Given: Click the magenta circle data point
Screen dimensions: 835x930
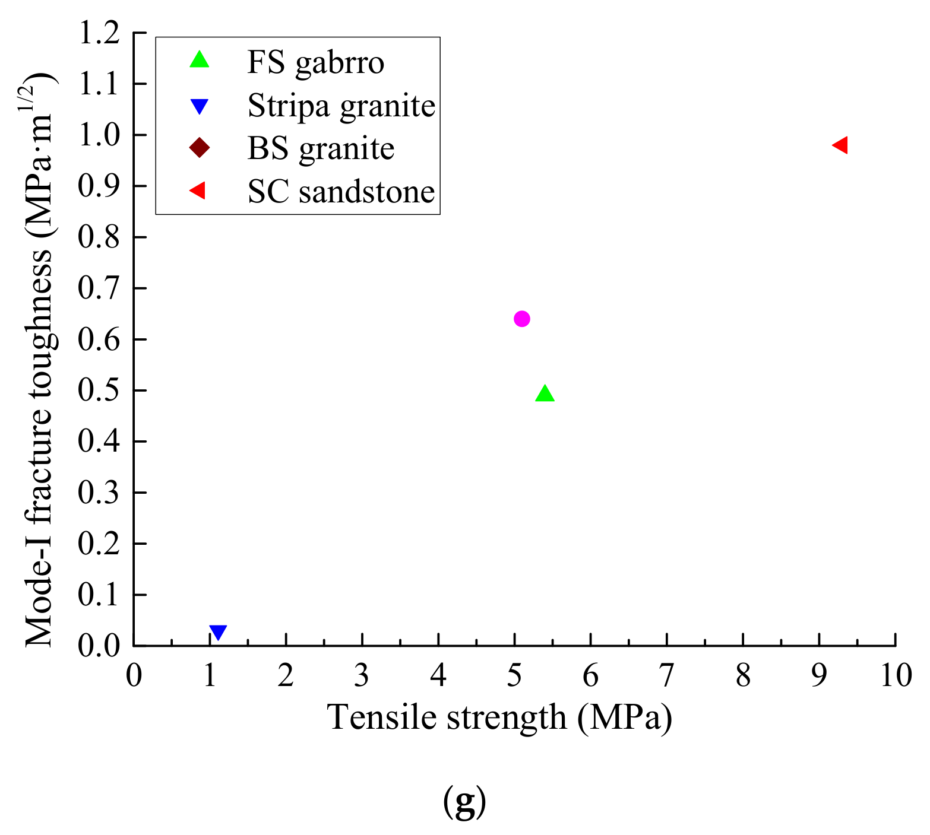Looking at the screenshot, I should click(x=521, y=319).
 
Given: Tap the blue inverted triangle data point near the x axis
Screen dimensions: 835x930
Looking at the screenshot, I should click(x=218, y=632).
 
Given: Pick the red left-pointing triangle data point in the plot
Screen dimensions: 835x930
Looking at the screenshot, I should click(x=841, y=145).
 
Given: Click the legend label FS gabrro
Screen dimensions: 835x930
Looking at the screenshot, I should click(x=315, y=62).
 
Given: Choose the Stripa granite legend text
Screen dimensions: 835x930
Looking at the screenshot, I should click(x=341, y=106).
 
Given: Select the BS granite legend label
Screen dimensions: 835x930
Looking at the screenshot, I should click(x=321, y=148).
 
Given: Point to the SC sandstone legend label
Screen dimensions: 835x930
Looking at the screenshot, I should click(x=341, y=192).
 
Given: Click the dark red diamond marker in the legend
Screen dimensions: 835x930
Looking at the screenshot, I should click(x=200, y=148).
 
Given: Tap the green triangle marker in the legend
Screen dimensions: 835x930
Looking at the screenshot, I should click(x=200, y=60).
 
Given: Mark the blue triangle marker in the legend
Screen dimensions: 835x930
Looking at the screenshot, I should click(x=200, y=106).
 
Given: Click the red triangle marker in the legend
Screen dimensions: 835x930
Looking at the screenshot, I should click(x=198, y=191).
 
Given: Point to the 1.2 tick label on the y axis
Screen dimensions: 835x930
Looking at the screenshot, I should click(x=99, y=33).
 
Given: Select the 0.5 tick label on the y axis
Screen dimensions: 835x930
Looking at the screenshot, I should click(x=99, y=390).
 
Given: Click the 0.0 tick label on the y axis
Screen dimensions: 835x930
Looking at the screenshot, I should click(x=99, y=646).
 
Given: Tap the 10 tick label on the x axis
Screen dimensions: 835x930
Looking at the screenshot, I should click(x=896, y=675).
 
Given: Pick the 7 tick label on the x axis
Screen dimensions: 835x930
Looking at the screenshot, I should click(x=667, y=675).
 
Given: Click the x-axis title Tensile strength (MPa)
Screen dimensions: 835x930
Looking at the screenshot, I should click(x=499, y=717).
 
